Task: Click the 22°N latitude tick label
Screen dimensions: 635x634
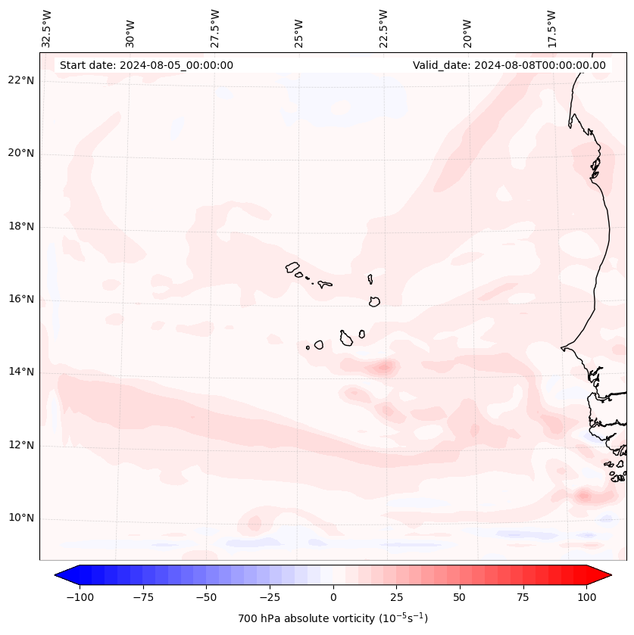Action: (20, 81)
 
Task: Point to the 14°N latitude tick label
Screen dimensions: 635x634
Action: (20, 372)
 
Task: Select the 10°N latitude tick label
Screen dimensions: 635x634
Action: (20, 518)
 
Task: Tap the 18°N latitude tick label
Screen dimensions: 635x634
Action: (20, 226)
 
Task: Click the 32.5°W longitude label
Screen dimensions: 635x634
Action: (47, 29)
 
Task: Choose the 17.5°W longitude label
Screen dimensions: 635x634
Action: (552, 29)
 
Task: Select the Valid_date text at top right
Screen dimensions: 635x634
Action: (509, 65)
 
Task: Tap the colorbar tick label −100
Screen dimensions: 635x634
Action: (80, 597)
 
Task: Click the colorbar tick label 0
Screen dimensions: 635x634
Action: (333, 597)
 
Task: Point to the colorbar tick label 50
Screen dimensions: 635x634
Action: (460, 597)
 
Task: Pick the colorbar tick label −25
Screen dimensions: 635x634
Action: (270, 597)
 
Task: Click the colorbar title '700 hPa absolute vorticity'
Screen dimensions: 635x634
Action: (333, 618)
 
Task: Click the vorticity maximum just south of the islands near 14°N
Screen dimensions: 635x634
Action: (384, 368)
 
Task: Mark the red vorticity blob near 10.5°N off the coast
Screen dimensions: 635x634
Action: (584, 496)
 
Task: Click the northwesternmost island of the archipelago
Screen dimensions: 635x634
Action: (292, 267)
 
